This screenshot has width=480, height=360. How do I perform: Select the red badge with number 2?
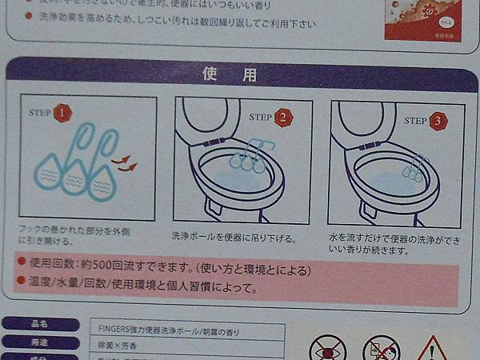[284, 118]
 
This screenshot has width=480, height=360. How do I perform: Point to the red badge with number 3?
[438, 122]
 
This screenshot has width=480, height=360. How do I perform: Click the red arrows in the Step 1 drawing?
[123, 163]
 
